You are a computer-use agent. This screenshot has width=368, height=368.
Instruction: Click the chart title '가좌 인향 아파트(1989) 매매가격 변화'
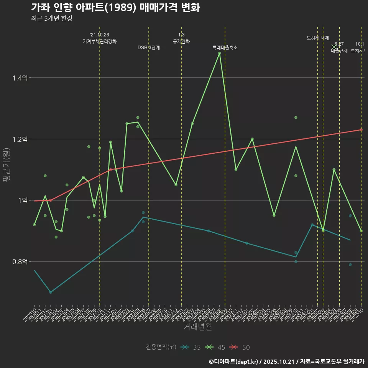click(x=115, y=8)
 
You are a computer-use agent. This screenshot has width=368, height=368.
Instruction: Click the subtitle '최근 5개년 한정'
click(x=51, y=18)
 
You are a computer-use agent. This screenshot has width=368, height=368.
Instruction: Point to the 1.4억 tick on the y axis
click(x=20, y=78)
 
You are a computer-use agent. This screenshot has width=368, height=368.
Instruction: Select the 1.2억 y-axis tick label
click(x=20, y=139)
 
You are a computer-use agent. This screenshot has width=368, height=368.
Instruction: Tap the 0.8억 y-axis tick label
click(x=20, y=262)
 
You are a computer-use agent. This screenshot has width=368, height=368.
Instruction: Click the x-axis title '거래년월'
click(x=197, y=327)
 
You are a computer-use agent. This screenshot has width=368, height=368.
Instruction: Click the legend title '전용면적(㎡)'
click(x=161, y=347)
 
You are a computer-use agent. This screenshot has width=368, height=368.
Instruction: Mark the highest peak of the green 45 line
click(x=219, y=53)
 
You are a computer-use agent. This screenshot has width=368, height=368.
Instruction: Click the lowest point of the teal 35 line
click(x=51, y=292)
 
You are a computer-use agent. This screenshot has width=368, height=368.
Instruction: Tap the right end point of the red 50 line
click(x=361, y=130)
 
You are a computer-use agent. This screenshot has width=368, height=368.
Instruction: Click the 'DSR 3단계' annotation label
click(x=149, y=48)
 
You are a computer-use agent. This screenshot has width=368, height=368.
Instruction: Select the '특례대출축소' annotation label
click(x=225, y=48)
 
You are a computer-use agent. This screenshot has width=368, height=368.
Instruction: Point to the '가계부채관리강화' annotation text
click(x=100, y=41)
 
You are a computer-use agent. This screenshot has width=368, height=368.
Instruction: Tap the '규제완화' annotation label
click(x=181, y=41)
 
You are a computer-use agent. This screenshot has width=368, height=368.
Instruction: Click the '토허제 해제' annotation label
click(x=318, y=38)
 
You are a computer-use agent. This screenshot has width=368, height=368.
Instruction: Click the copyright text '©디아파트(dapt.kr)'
click(x=236, y=361)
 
